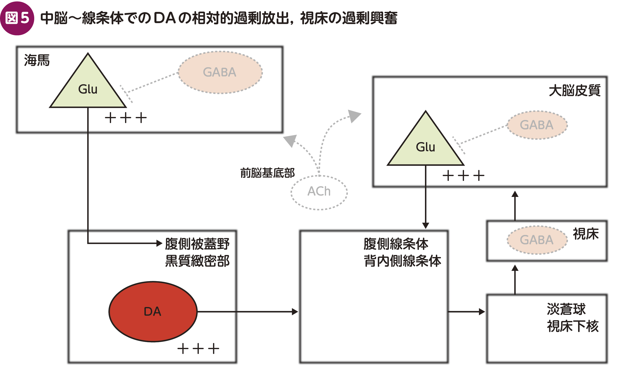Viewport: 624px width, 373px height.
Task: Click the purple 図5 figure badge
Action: pyautogui.click(x=17, y=18)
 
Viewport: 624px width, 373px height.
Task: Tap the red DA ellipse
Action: pyautogui.click(x=153, y=312)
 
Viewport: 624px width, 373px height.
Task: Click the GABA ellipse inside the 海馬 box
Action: pyautogui.click(x=220, y=72)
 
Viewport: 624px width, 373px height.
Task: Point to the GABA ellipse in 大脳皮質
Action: pyautogui.click(x=537, y=125)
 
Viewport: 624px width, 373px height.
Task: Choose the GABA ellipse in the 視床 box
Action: pyautogui.click(x=537, y=240)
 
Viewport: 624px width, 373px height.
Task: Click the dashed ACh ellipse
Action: pyautogui.click(x=319, y=192)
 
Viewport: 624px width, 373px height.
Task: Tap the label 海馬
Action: pyautogui.click(x=37, y=60)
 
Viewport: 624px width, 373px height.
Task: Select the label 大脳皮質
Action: pyautogui.click(x=575, y=91)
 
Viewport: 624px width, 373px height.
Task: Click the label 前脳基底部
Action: pyautogui.click(x=268, y=173)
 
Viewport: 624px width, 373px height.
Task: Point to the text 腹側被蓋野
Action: pyautogui.click(x=197, y=244)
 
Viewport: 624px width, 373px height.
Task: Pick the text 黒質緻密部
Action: pyautogui.click(x=197, y=261)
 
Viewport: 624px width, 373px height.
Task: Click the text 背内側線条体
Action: pyautogui.click(x=402, y=261)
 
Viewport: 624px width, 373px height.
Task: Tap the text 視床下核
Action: pyautogui.click(x=573, y=326)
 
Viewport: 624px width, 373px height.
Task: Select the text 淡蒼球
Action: pyautogui.click(x=566, y=309)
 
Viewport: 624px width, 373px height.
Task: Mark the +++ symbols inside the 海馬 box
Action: pyautogui.click(x=126, y=118)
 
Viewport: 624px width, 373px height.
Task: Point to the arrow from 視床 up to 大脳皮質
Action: pyautogui.click(x=515, y=206)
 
